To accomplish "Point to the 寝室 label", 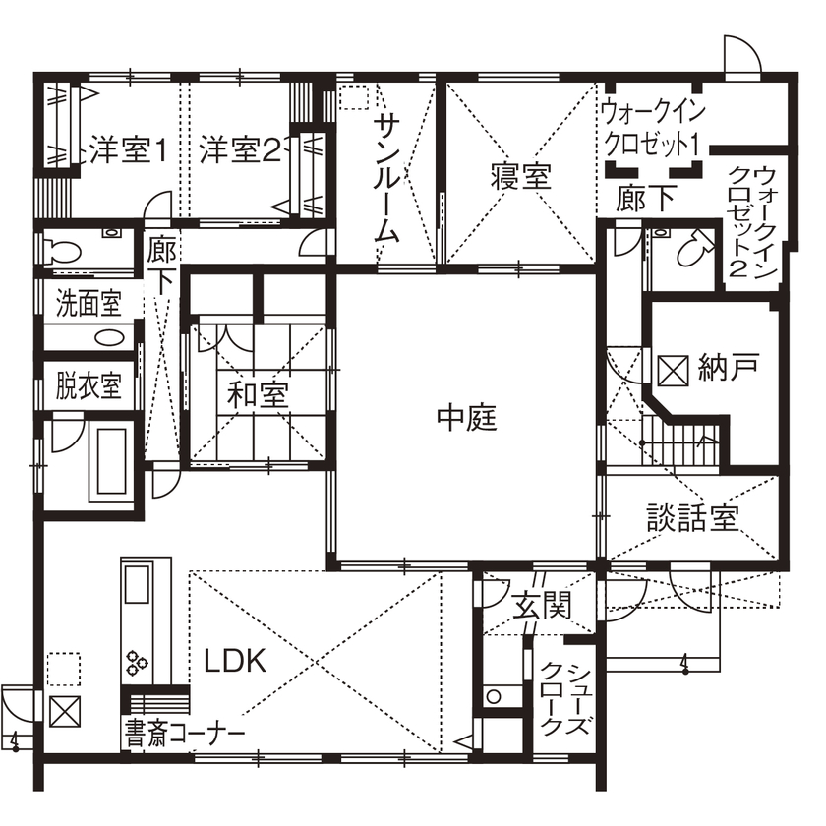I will pos(520,177).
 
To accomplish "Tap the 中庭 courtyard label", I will pos(467,419).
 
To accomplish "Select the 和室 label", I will pos(258,395).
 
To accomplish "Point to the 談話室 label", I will pos(692,517).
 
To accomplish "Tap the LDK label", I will pos(235,661).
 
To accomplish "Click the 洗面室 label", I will pos(87,303).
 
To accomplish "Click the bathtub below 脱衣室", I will pos(109,462).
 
